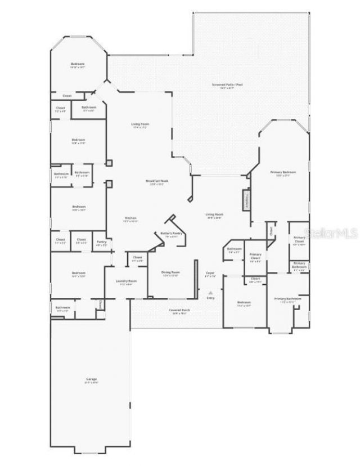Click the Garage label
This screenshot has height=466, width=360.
click(x=92, y=379)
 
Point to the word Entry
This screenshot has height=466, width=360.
click(x=210, y=298)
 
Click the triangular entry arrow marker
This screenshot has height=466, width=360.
click(x=210, y=293)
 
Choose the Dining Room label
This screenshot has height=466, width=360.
click(x=170, y=272)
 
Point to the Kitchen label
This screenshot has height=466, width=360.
click(x=130, y=218)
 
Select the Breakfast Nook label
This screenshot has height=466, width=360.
click(x=157, y=181)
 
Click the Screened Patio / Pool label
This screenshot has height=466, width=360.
click(x=227, y=84)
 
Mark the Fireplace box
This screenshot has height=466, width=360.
click(x=246, y=200)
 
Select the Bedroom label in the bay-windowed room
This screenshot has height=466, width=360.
click(x=78, y=64)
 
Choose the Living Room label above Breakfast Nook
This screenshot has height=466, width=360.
click(x=140, y=124)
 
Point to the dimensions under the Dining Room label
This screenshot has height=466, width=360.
click(x=170, y=276)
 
